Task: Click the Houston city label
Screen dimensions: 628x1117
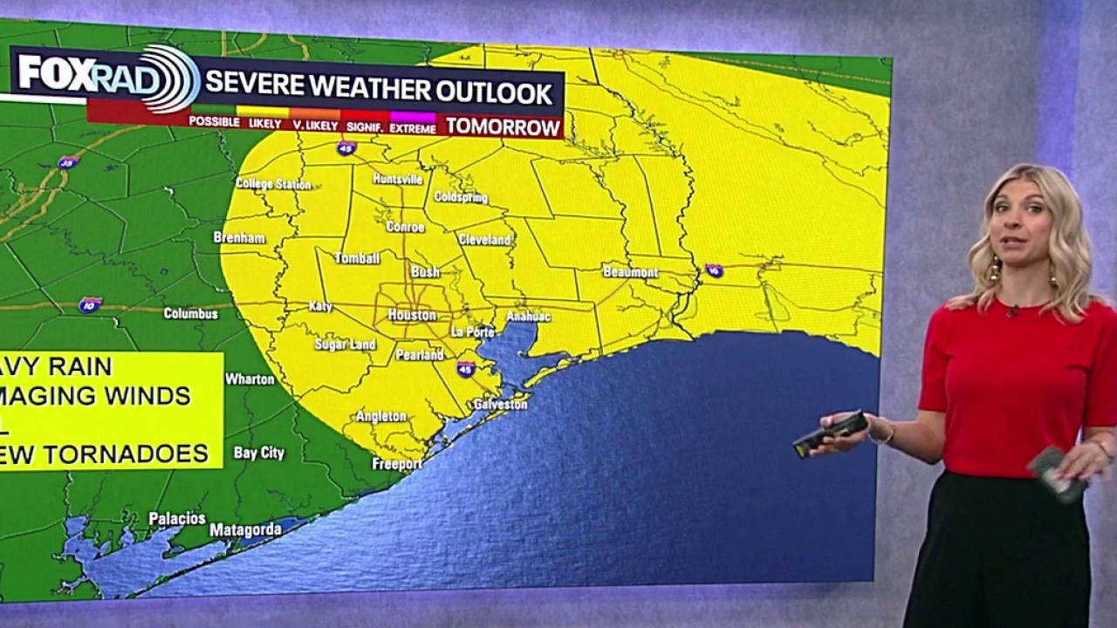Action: click(411, 315)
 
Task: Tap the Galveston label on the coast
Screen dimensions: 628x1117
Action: click(500, 405)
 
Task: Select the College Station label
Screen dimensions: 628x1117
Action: click(273, 184)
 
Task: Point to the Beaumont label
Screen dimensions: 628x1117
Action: click(630, 272)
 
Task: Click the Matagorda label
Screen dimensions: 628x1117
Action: click(245, 529)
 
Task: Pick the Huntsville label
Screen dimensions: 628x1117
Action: click(398, 179)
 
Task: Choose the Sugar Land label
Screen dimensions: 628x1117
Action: click(345, 345)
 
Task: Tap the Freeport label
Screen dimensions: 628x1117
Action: click(397, 464)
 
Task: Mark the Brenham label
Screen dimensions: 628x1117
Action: click(239, 237)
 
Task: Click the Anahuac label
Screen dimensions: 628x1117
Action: click(528, 317)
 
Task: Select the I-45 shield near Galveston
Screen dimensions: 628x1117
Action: click(466, 369)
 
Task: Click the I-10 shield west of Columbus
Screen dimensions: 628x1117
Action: click(90, 304)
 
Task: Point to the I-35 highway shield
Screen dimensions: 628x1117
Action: click(68, 162)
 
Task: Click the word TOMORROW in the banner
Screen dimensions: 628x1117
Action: click(503, 127)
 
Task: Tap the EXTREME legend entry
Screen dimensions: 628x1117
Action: click(413, 126)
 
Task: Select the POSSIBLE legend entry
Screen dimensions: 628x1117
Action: click(214, 122)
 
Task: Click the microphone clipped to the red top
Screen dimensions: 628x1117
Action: click(1012, 311)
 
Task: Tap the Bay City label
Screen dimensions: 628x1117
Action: click(258, 454)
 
